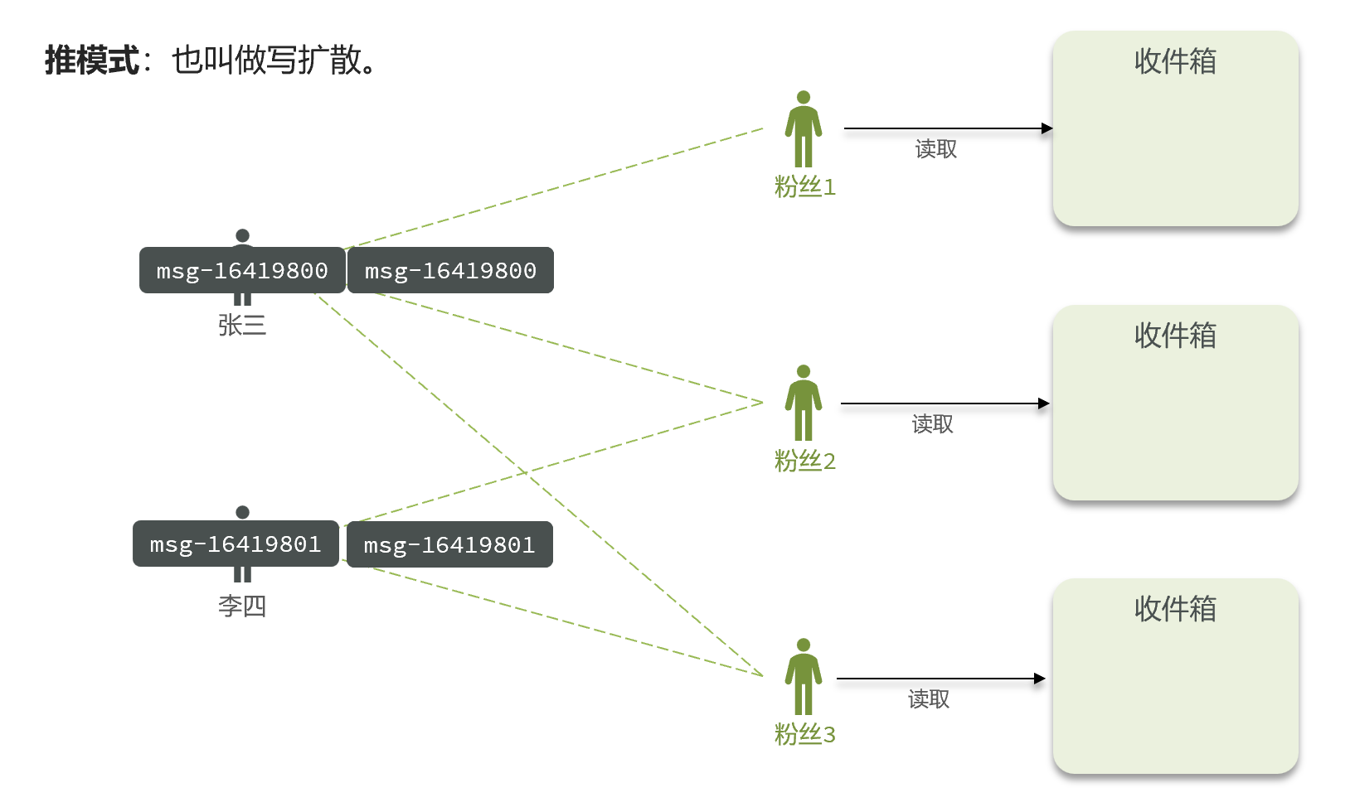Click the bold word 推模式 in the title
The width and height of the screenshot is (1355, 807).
92,60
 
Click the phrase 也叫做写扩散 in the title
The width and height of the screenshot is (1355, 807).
267,60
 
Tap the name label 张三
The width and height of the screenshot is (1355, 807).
242,326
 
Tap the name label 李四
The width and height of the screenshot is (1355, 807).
242,606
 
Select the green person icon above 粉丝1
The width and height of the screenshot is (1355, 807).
804,128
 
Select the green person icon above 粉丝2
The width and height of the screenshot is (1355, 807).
804,403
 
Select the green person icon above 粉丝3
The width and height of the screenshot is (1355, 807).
804,676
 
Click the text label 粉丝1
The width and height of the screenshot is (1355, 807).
804,186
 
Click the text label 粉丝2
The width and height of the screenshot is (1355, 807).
804,461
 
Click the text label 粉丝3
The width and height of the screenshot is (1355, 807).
804,734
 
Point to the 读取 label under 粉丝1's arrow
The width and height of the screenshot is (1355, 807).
935,148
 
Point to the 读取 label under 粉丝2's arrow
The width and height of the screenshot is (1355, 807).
932,423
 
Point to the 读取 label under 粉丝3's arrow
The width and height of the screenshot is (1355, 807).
929,698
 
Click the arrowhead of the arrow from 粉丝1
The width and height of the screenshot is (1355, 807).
1047,128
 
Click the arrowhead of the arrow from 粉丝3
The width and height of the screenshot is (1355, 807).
1041,679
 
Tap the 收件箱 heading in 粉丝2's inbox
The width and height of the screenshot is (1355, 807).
1175,335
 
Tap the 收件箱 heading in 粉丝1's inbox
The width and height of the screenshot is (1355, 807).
1175,61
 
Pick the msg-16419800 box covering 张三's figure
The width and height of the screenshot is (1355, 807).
242,270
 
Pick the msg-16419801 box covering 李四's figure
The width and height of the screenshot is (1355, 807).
236,544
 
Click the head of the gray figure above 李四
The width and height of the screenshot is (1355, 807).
243,512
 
